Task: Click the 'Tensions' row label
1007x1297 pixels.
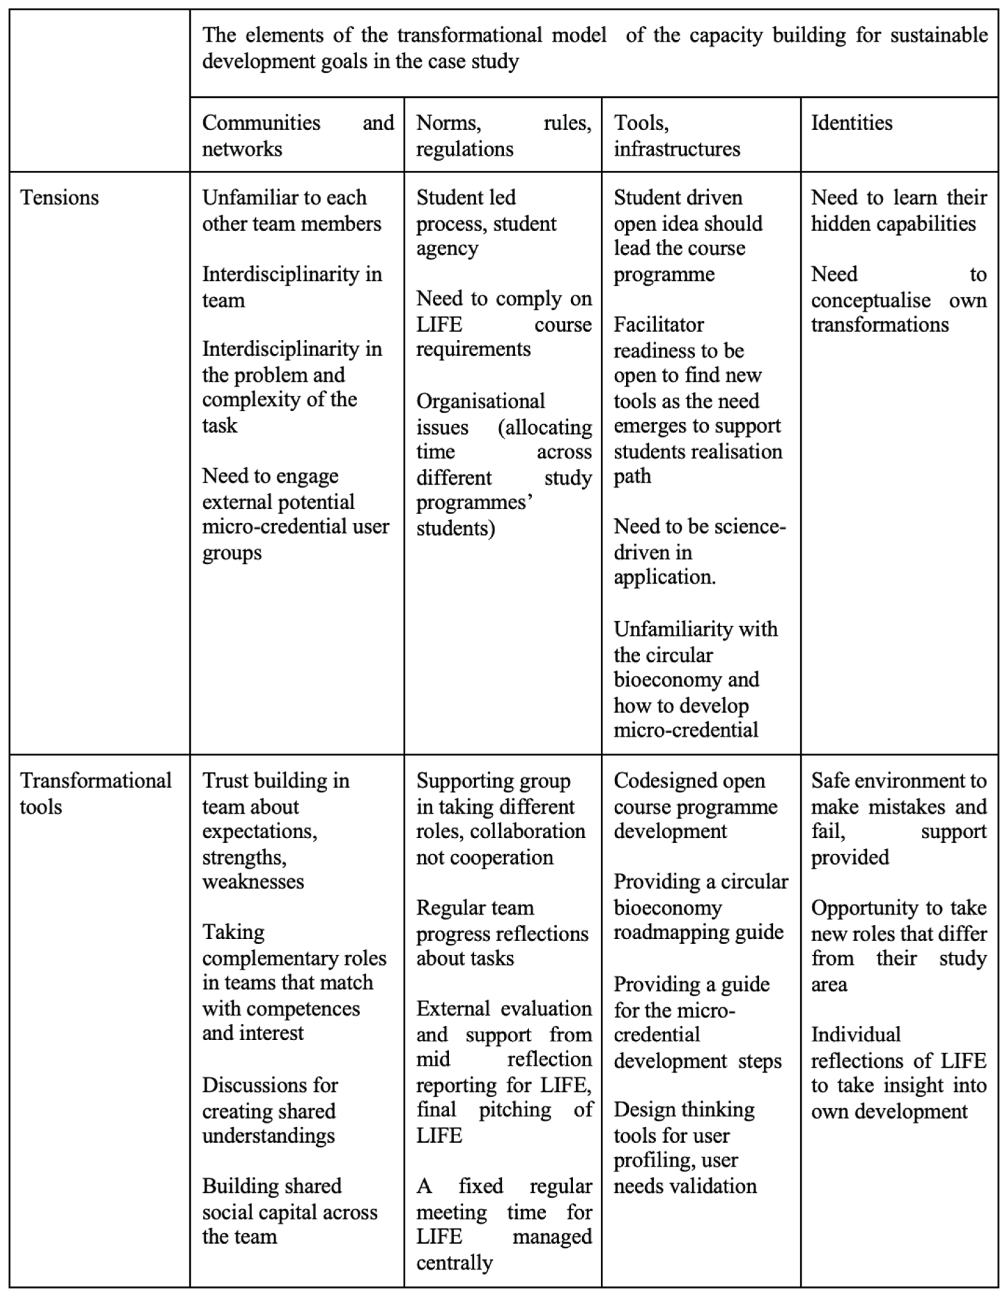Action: [x=59, y=198]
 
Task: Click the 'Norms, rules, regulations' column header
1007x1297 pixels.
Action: [x=503, y=135]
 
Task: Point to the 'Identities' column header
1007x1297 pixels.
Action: [x=851, y=123]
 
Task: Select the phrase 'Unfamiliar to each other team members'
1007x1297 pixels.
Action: [x=291, y=211]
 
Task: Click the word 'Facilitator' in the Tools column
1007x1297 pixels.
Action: [x=658, y=325]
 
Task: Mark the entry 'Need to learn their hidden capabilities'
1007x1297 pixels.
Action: [x=898, y=211]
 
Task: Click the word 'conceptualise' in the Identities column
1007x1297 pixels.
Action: [x=870, y=300]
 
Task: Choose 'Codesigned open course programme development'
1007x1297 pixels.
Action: [x=695, y=806]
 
